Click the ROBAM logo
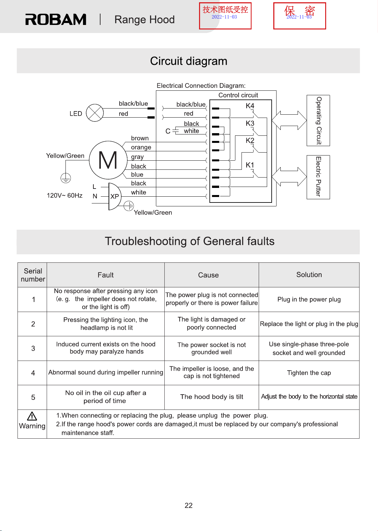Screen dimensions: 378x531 coord(56,19)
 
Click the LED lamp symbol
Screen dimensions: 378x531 coord(95,113)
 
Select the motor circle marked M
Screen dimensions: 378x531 coord(108,160)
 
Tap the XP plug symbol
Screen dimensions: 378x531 coord(115,196)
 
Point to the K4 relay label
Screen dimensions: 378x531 coord(250,106)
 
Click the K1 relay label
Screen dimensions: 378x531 coord(250,165)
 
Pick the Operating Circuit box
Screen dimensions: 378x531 coord(318,121)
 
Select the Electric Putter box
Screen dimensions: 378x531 coord(318,177)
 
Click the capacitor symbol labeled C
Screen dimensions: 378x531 coord(176,131)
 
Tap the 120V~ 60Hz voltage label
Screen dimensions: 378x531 coord(65,196)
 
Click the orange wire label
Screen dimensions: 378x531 coord(141,147)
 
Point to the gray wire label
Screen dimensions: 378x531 coord(137,157)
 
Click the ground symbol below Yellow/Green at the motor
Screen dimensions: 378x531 coord(66,178)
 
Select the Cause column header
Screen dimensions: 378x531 coord(208,275)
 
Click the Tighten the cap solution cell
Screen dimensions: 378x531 coord(309,373)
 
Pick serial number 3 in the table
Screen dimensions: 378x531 coord(33,349)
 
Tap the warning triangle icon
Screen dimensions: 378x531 coord(32,416)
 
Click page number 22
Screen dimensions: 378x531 coord(189,505)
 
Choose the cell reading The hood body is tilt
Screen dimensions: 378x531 coord(211,397)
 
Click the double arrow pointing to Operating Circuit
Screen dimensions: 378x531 coord(289,121)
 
